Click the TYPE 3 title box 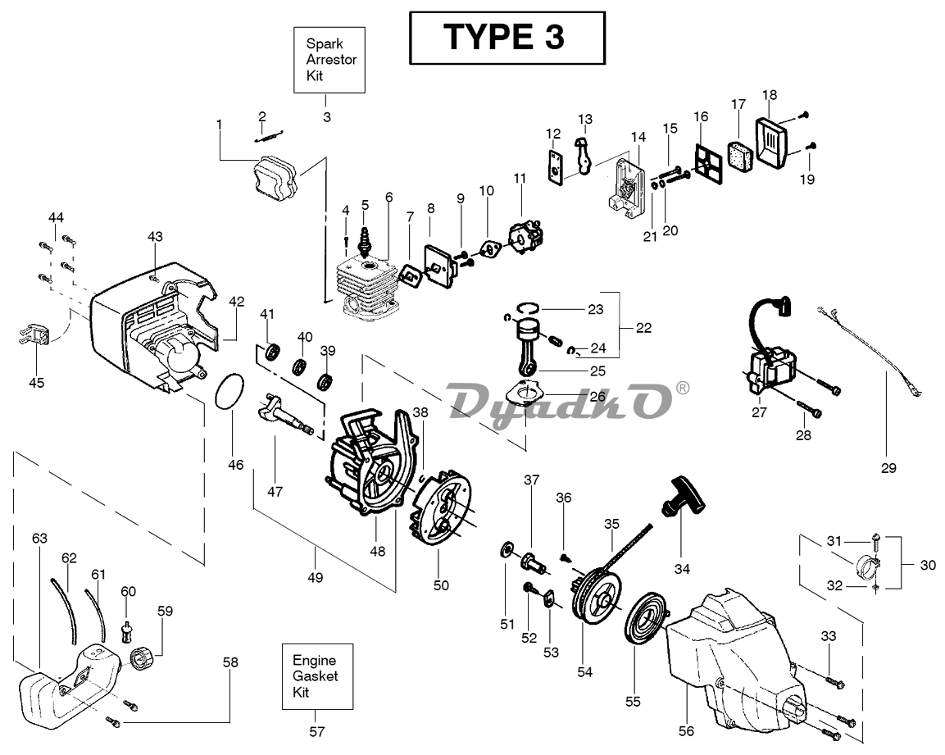507,38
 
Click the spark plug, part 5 365,243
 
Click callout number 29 888,468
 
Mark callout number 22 643,328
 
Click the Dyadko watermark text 557,401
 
